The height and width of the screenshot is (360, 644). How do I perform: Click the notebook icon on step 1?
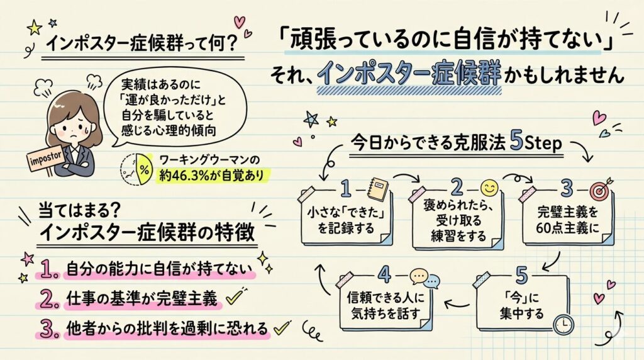click(x=381, y=190)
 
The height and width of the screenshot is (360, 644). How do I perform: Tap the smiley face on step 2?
click(x=489, y=188)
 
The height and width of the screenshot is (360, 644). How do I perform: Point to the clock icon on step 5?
click(x=565, y=323)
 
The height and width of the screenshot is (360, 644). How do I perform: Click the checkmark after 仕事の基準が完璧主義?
click(x=234, y=297)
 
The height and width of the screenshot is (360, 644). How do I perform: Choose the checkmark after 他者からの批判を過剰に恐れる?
click(x=283, y=327)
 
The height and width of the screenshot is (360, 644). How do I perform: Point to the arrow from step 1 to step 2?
click(x=405, y=177)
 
